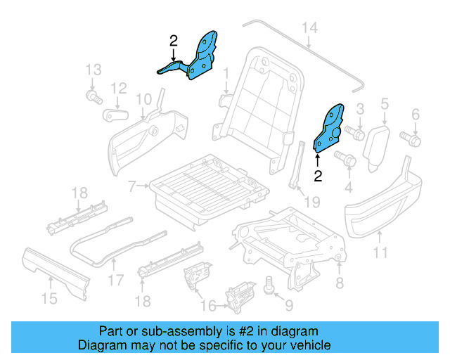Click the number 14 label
(x=310, y=27)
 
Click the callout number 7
(x=131, y=186)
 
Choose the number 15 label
(x=48, y=298)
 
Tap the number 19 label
(x=311, y=202)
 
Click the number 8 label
(x=339, y=283)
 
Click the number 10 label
(x=143, y=99)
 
